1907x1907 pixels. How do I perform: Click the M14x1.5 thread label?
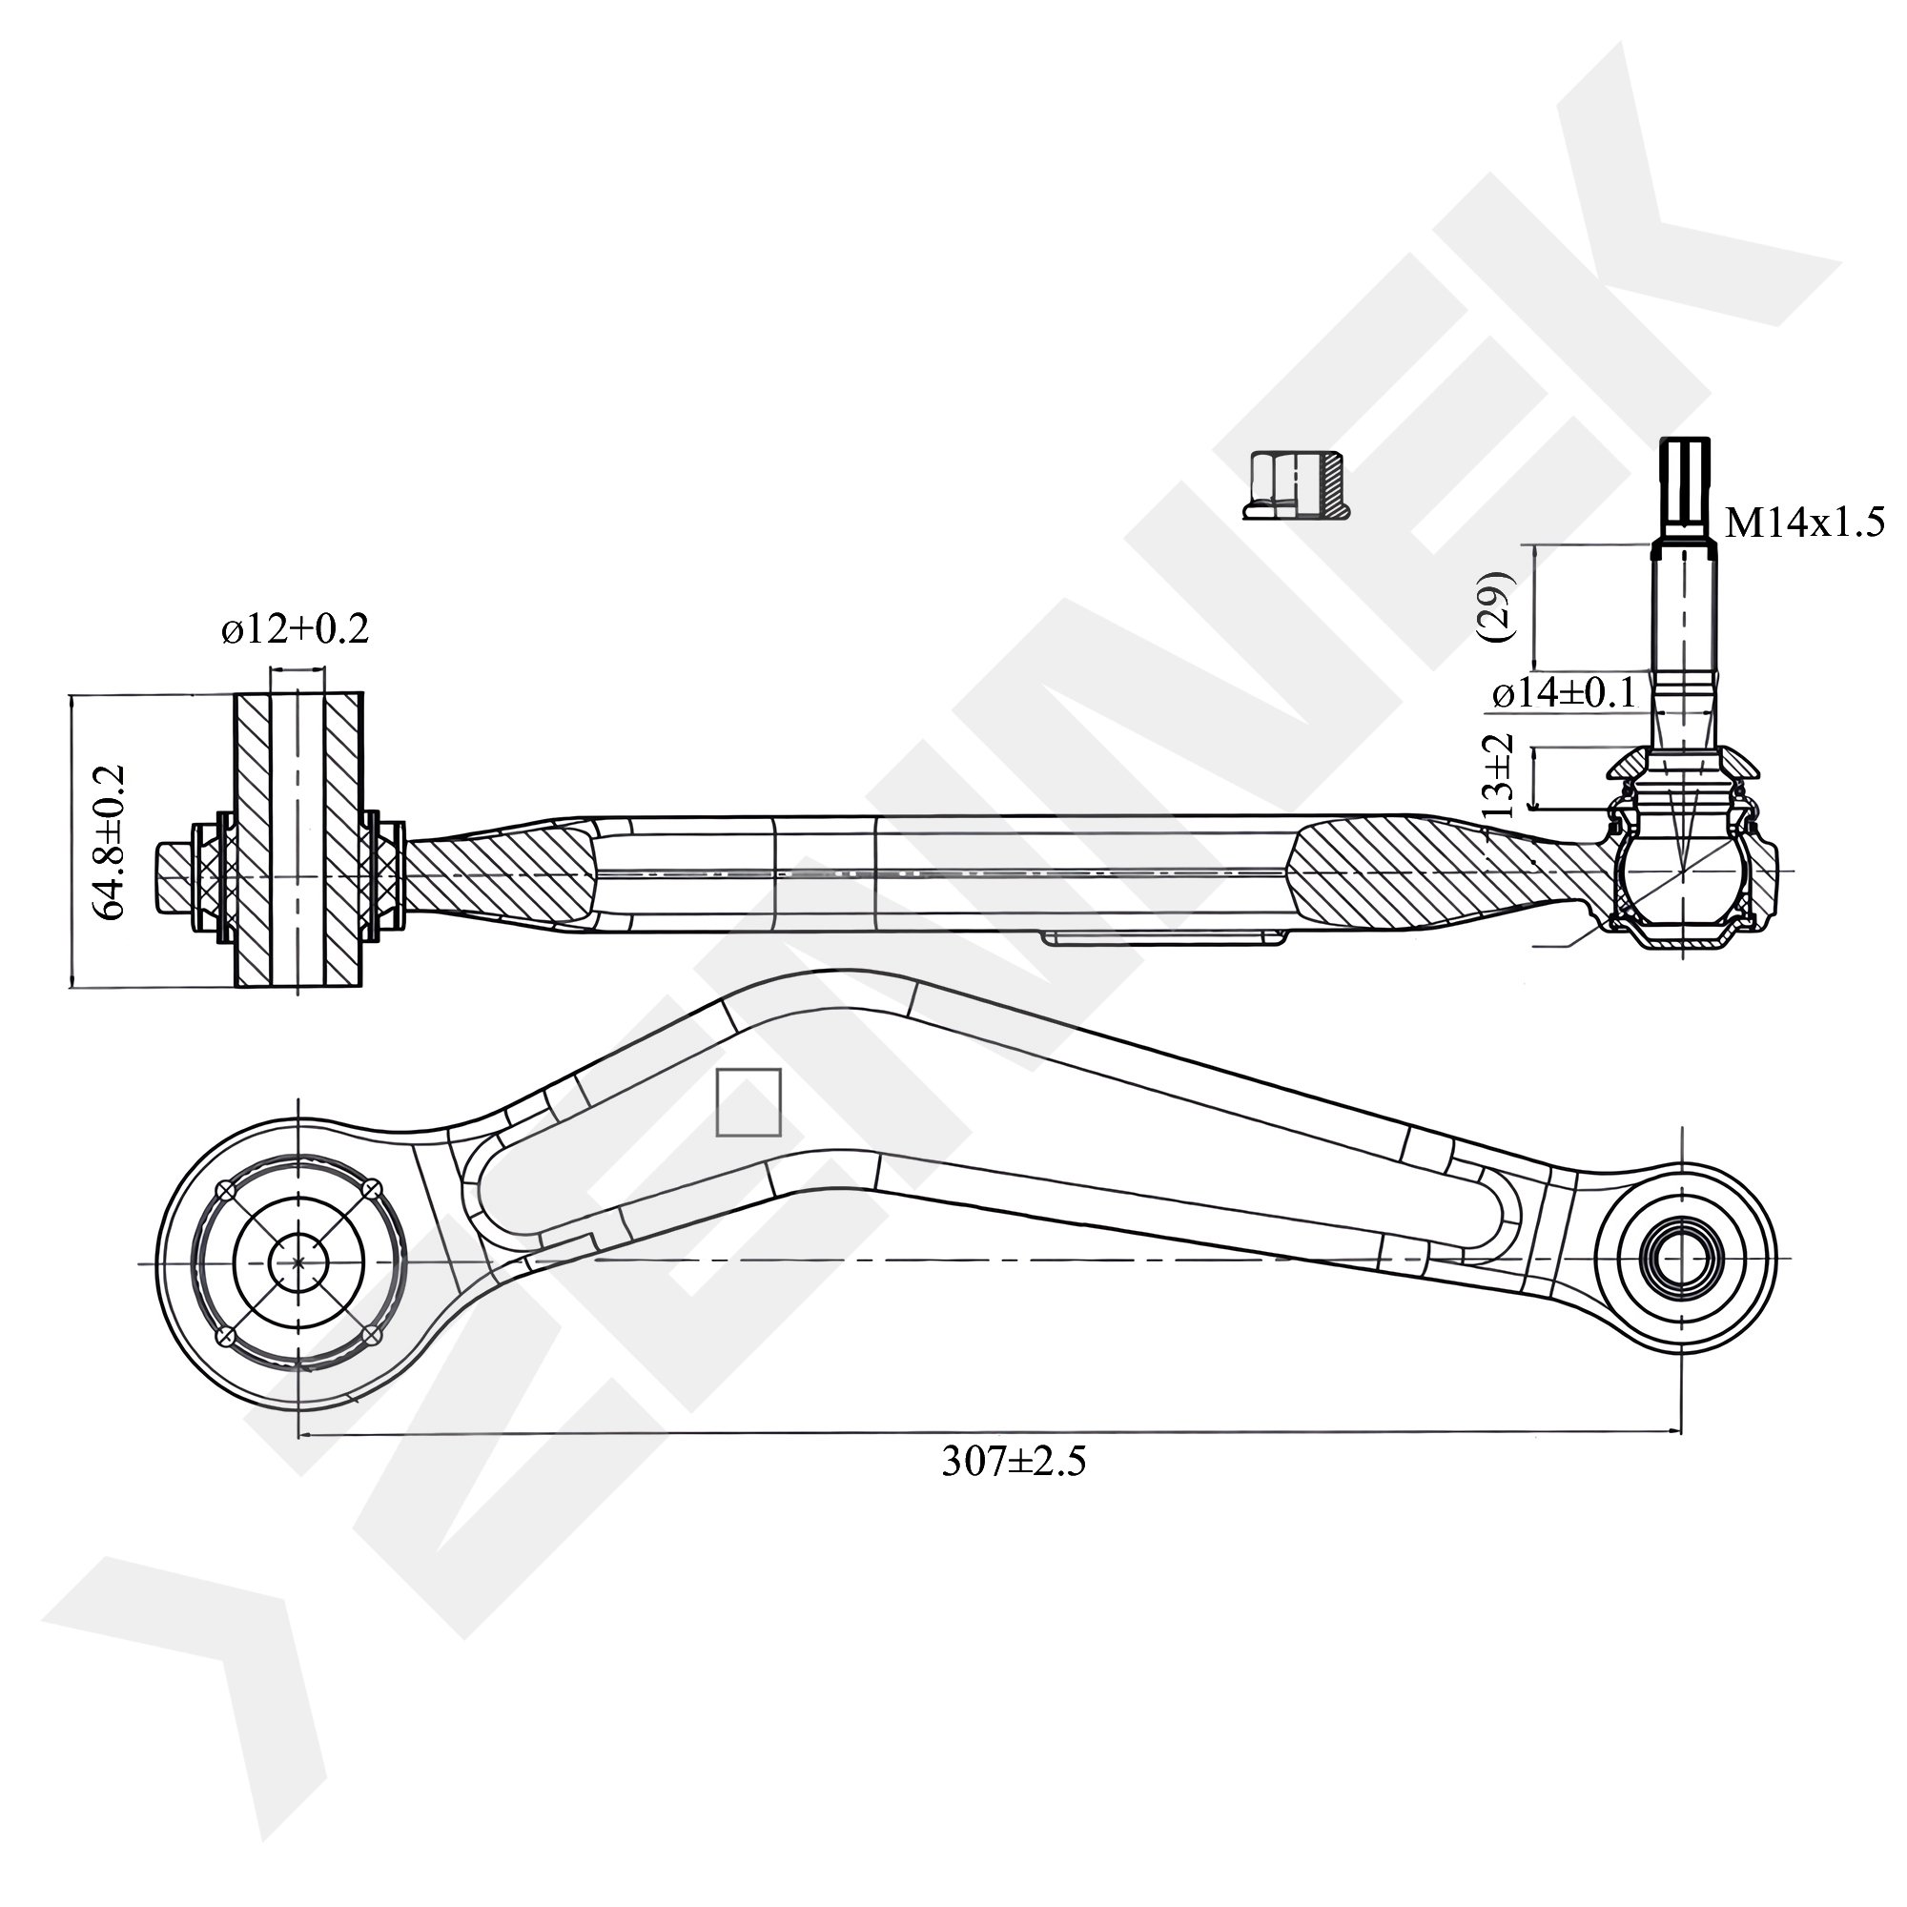(x=1803, y=522)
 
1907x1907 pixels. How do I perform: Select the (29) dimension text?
(x=1498, y=606)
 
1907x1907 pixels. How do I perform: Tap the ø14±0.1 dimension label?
(x=1564, y=694)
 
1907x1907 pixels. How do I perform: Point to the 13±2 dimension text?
(x=1497, y=775)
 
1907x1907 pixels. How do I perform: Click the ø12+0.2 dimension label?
(x=296, y=628)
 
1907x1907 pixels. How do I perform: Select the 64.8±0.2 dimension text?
(x=111, y=841)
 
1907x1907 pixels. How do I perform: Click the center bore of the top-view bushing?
(x=299, y=1261)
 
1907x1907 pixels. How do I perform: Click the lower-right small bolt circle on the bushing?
(x=372, y=1335)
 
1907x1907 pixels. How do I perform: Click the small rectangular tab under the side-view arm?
(x=1165, y=938)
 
